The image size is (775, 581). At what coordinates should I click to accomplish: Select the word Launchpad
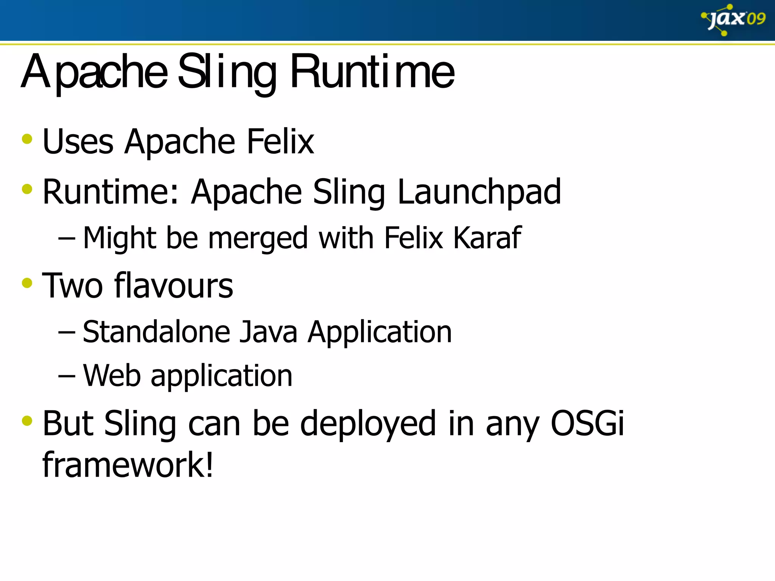(x=479, y=192)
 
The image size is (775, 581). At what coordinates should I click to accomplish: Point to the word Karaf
(x=487, y=238)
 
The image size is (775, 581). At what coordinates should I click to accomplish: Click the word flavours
(x=174, y=286)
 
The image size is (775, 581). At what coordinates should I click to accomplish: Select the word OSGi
(x=587, y=423)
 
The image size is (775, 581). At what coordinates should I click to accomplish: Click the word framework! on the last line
(x=128, y=465)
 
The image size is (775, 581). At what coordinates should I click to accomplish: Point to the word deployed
(x=368, y=424)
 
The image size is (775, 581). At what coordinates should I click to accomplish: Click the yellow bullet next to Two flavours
(x=27, y=283)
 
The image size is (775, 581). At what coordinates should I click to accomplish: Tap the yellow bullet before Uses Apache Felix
(x=27, y=139)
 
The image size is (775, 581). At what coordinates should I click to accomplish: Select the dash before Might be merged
(x=67, y=239)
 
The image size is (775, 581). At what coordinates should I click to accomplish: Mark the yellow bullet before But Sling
(x=27, y=421)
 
